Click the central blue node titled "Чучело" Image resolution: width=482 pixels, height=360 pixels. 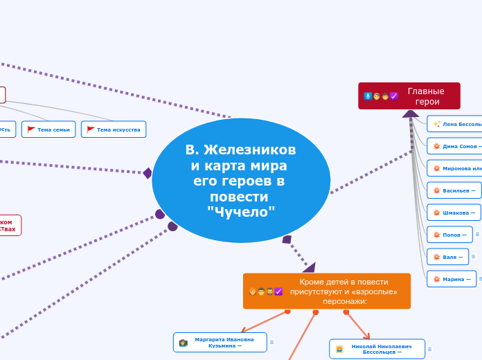coord(241,181)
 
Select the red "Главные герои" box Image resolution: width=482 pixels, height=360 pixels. coord(409,96)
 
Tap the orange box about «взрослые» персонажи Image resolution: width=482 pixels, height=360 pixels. coord(327,291)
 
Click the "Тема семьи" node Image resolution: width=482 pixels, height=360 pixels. coord(48,129)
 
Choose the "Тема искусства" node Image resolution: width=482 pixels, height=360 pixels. coord(114,129)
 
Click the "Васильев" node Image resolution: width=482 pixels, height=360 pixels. coord(454,190)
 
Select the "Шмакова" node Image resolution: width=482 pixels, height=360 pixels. coord(454,213)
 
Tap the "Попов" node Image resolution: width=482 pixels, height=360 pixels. coord(449,235)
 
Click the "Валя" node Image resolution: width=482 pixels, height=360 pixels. coord(447,257)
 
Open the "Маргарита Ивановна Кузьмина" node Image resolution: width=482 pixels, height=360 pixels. coord(220,342)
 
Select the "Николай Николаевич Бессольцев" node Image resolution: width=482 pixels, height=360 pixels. coord(377,349)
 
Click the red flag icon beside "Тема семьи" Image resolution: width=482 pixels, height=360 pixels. coord(31,129)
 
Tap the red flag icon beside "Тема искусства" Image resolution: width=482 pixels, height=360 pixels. coord(91,129)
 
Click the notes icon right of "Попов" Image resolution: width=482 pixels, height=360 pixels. coord(477,235)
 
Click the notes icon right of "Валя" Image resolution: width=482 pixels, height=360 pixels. coord(473,257)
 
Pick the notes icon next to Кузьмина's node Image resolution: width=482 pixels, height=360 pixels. coord(271,342)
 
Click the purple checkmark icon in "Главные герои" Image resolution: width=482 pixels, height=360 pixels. coord(393,96)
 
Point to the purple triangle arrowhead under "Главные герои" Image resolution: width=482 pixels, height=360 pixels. coord(411,113)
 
